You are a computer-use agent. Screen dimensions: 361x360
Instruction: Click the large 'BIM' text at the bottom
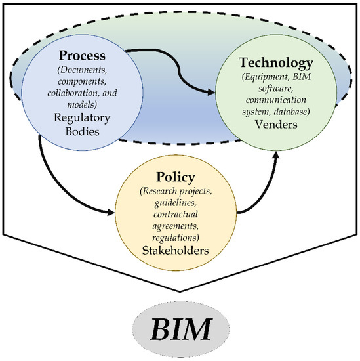[180, 328]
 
